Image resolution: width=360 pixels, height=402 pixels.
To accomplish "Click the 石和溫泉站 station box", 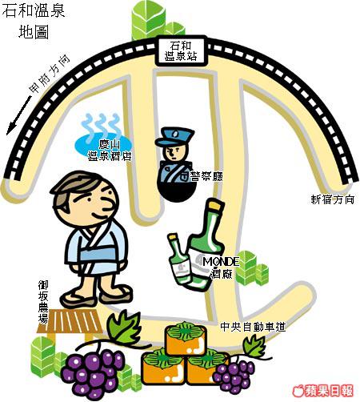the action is point(182,51).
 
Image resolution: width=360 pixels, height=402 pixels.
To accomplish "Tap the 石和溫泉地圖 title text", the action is point(34,22).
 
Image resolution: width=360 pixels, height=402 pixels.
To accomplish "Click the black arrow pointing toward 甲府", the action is point(19,115).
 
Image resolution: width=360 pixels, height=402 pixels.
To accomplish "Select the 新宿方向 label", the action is point(333,199).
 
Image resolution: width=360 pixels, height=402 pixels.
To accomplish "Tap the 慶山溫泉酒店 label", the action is point(110,151).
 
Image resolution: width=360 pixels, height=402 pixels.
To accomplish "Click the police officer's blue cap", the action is point(174,136).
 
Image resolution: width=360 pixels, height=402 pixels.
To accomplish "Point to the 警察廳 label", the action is point(206,176).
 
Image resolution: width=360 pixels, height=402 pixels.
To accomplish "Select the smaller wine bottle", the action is point(178,259).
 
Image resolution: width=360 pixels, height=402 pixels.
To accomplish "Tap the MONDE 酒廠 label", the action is point(221,267).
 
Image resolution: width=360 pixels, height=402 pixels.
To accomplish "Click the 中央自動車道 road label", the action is point(253,327).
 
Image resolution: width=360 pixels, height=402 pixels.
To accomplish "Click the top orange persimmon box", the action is point(186,338).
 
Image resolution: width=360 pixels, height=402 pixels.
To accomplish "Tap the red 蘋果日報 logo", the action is point(322,392).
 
